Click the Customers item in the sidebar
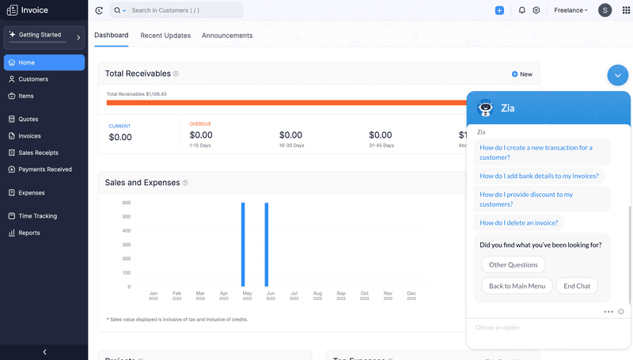pos(32,79)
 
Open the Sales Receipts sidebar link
pos(38,153)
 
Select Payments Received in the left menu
pos(44,169)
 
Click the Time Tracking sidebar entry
pos(37,216)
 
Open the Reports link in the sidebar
pos(29,233)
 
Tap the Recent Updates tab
pos(165,36)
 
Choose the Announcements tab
pos(227,36)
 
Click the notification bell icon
pos(522,10)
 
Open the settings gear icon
pos(536,10)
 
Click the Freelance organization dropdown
pos(570,10)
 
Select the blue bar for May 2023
pos(243,244)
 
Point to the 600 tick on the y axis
pos(126,203)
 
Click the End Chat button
pos(577,286)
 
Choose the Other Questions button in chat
pos(513,265)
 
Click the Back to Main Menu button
pos(516,286)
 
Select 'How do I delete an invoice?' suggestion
pos(518,223)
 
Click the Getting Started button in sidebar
pos(44,36)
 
